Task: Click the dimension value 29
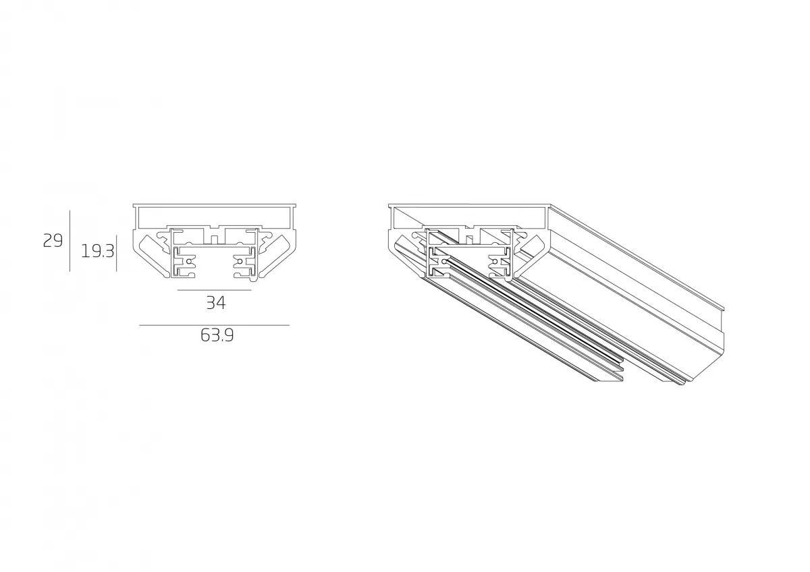(53, 241)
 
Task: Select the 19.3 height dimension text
(98, 251)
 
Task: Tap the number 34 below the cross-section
(216, 303)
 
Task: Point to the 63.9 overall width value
(217, 335)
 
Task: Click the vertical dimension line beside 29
(70, 241)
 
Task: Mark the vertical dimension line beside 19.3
(116, 253)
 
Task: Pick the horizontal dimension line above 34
(215, 290)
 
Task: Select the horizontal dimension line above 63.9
(215, 325)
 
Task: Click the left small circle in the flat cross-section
(188, 260)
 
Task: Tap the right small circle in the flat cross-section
(240, 260)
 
